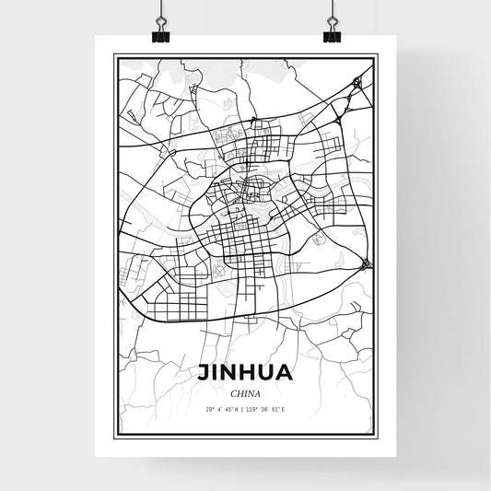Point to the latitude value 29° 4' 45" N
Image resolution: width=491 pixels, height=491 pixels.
click(x=221, y=408)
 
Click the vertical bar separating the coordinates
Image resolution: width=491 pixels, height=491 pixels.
click(x=245, y=408)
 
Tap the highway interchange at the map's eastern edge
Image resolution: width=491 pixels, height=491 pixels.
click(x=368, y=264)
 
